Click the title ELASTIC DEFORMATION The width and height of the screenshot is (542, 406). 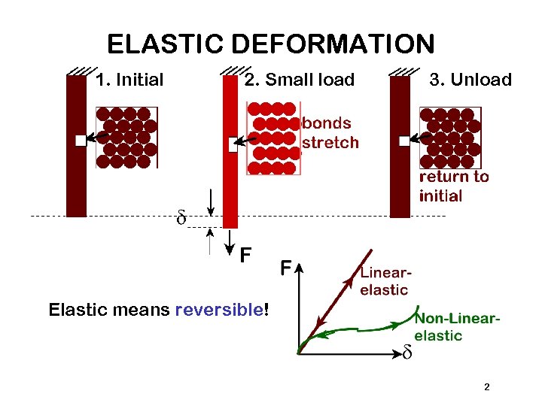(x=270, y=44)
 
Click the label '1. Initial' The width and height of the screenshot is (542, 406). (x=130, y=80)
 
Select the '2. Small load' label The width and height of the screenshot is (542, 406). (x=300, y=80)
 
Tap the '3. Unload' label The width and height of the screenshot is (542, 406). (x=469, y=80)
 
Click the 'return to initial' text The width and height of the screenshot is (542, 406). (x=453, y=186)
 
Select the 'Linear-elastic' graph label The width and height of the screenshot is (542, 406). (x=385, y=283)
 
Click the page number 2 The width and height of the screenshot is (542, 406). (x=486, y=387)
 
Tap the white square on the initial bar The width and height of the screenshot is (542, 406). (x=81, y=140)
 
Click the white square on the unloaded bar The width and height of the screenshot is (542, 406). (x=404, y=141)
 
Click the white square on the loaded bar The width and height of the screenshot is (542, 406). (x=233, y=144)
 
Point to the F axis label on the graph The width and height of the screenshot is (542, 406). (x=287, y=267)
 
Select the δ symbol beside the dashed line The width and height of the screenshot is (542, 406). (x=181, y=219)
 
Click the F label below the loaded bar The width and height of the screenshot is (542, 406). (x=245, y=256)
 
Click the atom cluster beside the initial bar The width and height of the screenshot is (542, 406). (x=126, y=137)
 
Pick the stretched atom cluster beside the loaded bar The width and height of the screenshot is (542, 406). (x=273, y=138)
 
